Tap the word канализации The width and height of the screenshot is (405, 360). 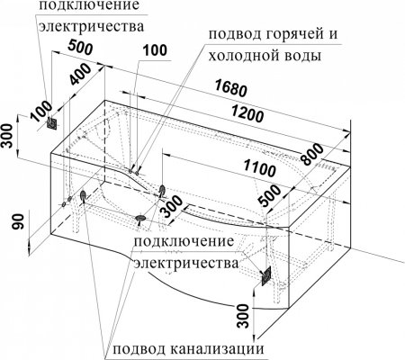point(211,347)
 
